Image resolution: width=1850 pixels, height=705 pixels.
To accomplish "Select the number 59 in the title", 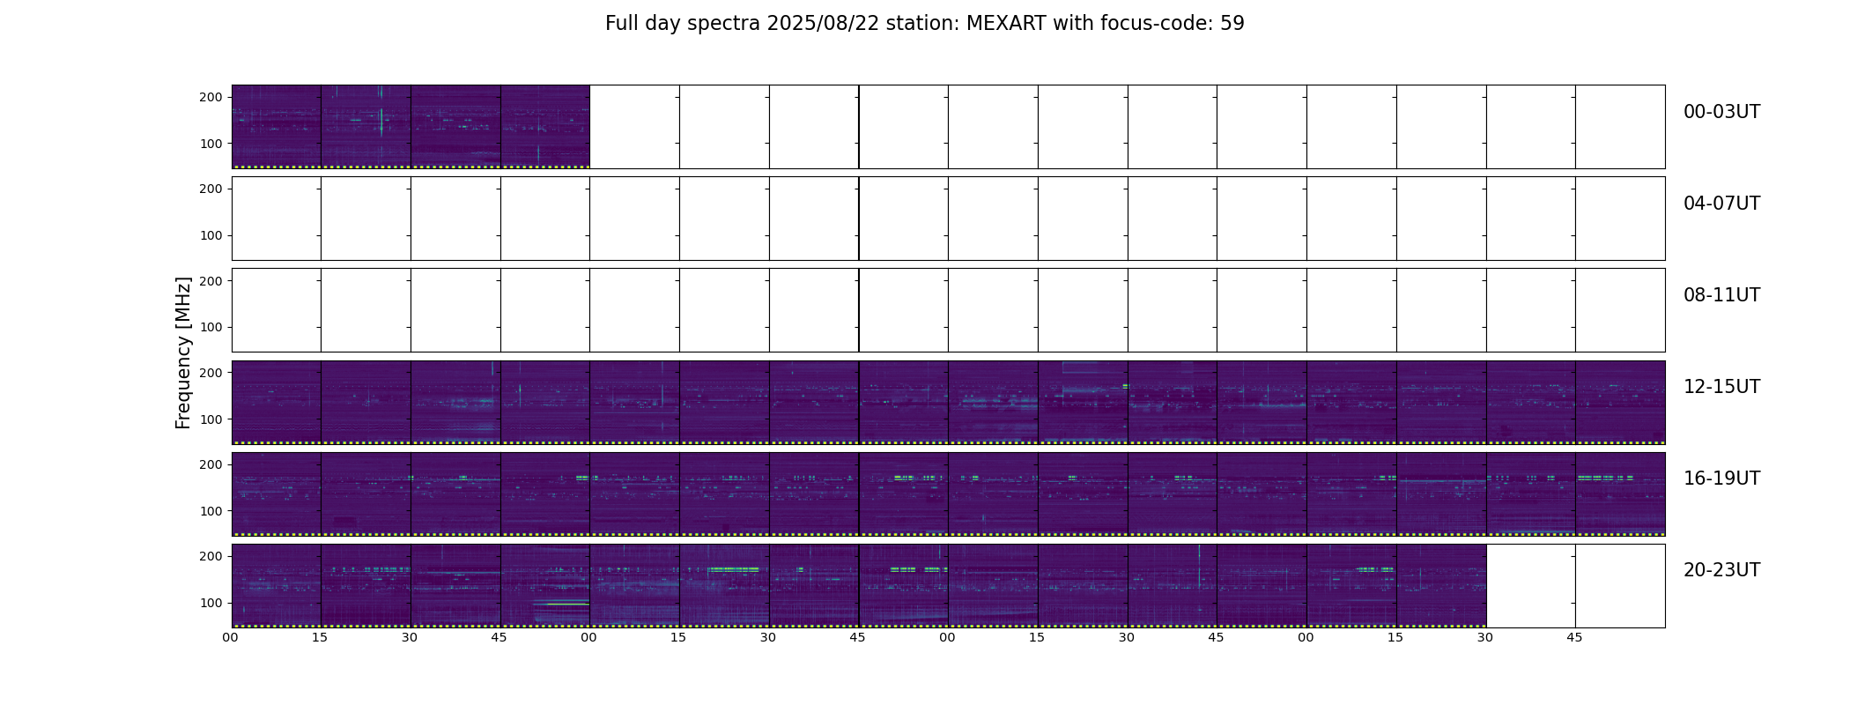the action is [1232, 24].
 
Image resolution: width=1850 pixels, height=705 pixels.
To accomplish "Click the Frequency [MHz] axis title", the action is [183, 353].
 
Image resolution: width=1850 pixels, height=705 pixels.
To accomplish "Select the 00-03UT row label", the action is [1721, 112].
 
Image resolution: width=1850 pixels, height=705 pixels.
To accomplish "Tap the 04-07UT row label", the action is [1721, 204].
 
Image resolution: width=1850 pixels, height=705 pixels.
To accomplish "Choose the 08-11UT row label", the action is [1721, 295].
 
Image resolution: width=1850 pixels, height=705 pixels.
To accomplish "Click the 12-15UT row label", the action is [1721, 387].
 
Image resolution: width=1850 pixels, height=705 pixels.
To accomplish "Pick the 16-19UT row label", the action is [1721, 479].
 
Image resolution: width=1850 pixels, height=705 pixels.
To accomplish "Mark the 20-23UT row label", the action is [1721, 570].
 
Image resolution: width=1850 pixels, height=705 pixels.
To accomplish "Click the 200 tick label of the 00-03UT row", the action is [211, 97].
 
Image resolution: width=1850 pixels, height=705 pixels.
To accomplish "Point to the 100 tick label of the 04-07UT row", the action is [211, 235].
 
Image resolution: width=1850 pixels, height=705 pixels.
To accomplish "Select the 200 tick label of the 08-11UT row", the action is [211, 280].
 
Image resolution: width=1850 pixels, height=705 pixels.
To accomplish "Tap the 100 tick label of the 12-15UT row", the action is [211, 419].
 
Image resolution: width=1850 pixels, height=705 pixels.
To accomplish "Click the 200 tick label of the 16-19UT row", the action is [211, 464].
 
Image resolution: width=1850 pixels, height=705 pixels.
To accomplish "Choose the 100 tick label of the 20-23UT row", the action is [211, 603].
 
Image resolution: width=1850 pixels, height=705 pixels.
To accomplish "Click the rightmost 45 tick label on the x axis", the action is [1574, 637].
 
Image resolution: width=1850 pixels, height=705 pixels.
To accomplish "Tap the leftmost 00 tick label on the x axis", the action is [230, 637].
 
